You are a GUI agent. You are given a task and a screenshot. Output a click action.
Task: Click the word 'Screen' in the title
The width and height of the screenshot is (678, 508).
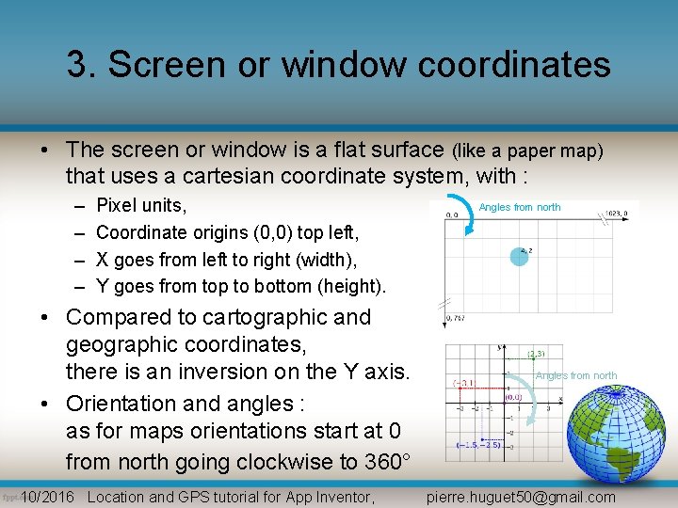pyautogui.click(x=162, y=64)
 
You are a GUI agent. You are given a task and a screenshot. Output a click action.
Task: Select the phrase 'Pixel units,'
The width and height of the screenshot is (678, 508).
pyautogui.click(x=141, y=205)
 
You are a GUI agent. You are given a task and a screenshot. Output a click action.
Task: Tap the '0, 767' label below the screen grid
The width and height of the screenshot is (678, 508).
pyautogui.click(x=455, y=318)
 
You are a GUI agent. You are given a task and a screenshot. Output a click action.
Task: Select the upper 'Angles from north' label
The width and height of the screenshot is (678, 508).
pyautogui.click(x=520, y=207)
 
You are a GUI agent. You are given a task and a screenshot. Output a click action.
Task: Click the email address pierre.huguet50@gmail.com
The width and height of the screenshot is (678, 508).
pyautogui.click(x=521, y=498)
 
